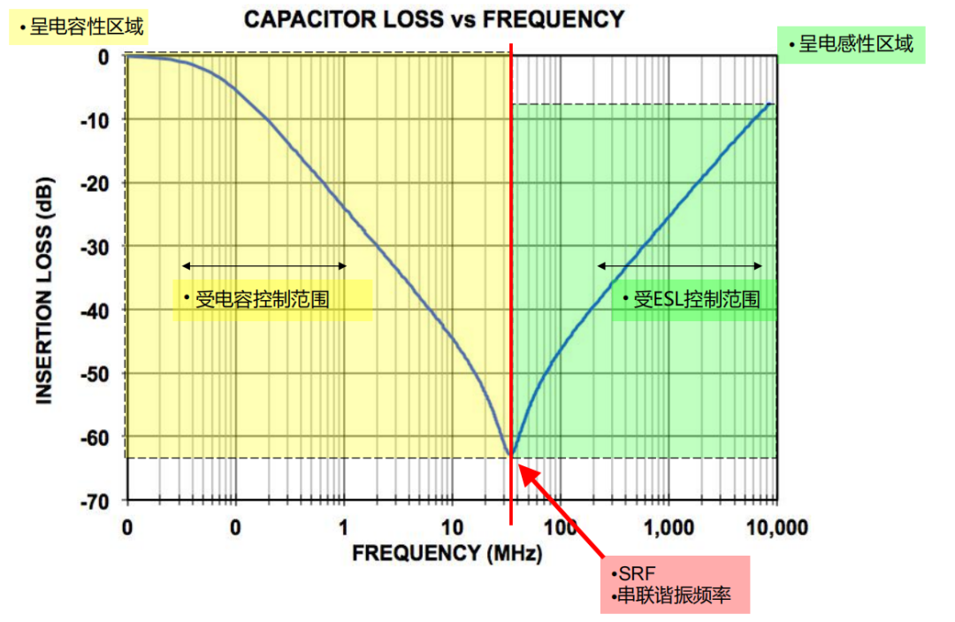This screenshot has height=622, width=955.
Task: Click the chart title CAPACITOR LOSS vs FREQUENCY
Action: pyautogui.click(x=433, y=19)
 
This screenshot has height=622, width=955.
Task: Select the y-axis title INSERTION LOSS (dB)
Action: pyautogui.click(x=44, y=279)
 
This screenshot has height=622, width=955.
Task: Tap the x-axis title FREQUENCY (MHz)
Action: pyautogui.click(x=447, y=554)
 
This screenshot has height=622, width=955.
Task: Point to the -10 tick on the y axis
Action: pyautogui.click(x=95, y=119)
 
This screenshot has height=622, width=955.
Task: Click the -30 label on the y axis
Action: pyautogui.click(x=95, y=246)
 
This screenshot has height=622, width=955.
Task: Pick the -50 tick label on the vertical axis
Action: pyautogui.click(x=95, y=373)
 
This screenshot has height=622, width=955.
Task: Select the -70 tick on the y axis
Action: pyautogui.click(x=95, y=501)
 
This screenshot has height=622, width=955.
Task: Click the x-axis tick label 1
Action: pyautogui.click(x=343, y=527)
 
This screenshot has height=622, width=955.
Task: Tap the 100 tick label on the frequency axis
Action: pyautogui.click(x=560, y=527)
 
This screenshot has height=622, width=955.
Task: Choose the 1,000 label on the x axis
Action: pyautogui.click(x=668, y=527)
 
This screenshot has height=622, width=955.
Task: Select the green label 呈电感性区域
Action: pyautogui.click(x=850, y=43)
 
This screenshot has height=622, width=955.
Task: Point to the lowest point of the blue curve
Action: pyautogui.click(x=510, y=454)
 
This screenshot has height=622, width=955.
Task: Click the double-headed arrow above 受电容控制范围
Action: pyautogui.click(x=264, y=265)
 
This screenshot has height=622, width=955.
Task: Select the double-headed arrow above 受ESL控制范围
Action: pyautogui.click(x=679, y=265)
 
